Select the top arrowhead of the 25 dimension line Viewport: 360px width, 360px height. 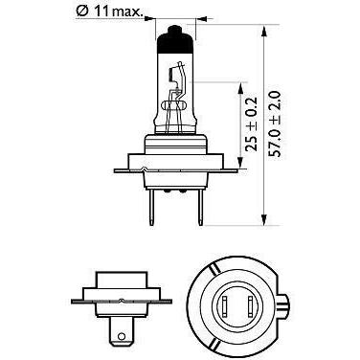[237, 85]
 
